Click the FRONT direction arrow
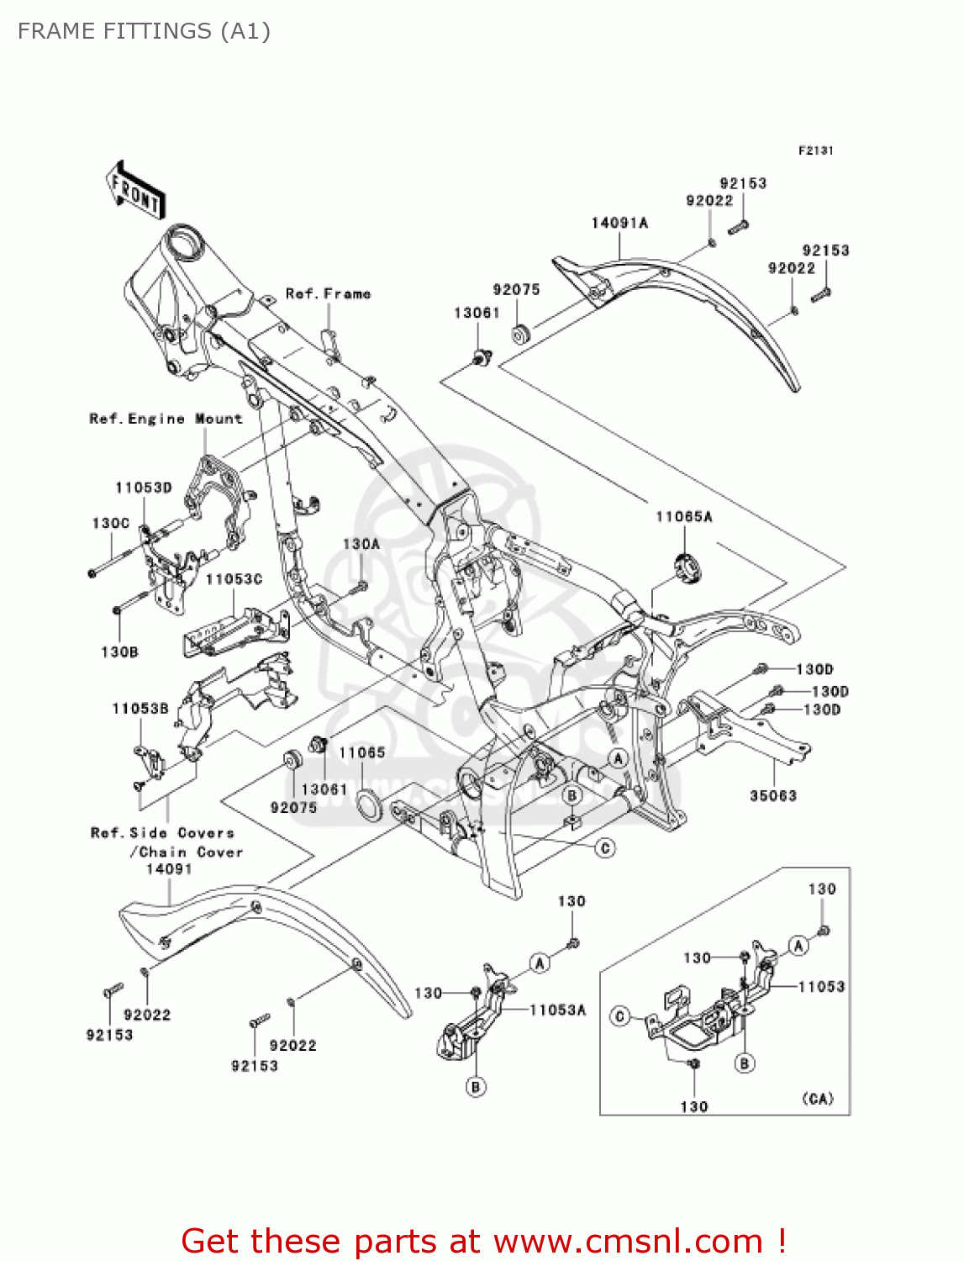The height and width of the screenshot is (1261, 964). point(135,190)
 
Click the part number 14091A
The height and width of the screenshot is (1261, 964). point(619,223)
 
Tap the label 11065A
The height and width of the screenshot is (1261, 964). point(683,516)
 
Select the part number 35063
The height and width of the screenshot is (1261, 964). point(772,795)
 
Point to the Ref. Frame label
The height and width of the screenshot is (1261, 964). point(328,293)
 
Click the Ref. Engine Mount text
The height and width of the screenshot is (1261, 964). point(166,419)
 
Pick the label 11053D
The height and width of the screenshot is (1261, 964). point(143,488)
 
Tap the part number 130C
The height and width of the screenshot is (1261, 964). point(110,523)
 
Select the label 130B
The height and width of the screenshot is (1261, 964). point(119,652)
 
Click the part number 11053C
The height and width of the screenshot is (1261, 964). point(234,579)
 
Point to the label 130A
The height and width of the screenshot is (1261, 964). point(361,544)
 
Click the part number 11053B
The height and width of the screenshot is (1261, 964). point(140,709)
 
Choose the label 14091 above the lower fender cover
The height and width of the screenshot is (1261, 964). point(169,869)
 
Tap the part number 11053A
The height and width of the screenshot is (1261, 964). point(557,1010)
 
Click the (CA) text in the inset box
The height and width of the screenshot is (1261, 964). point(817,1099)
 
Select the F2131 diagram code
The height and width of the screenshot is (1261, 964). point(815,150)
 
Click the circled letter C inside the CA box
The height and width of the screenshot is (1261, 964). point(620,1016)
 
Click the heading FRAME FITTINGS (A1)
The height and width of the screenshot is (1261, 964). point(144,31)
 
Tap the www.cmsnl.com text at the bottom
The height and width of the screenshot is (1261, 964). point(627,1241)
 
